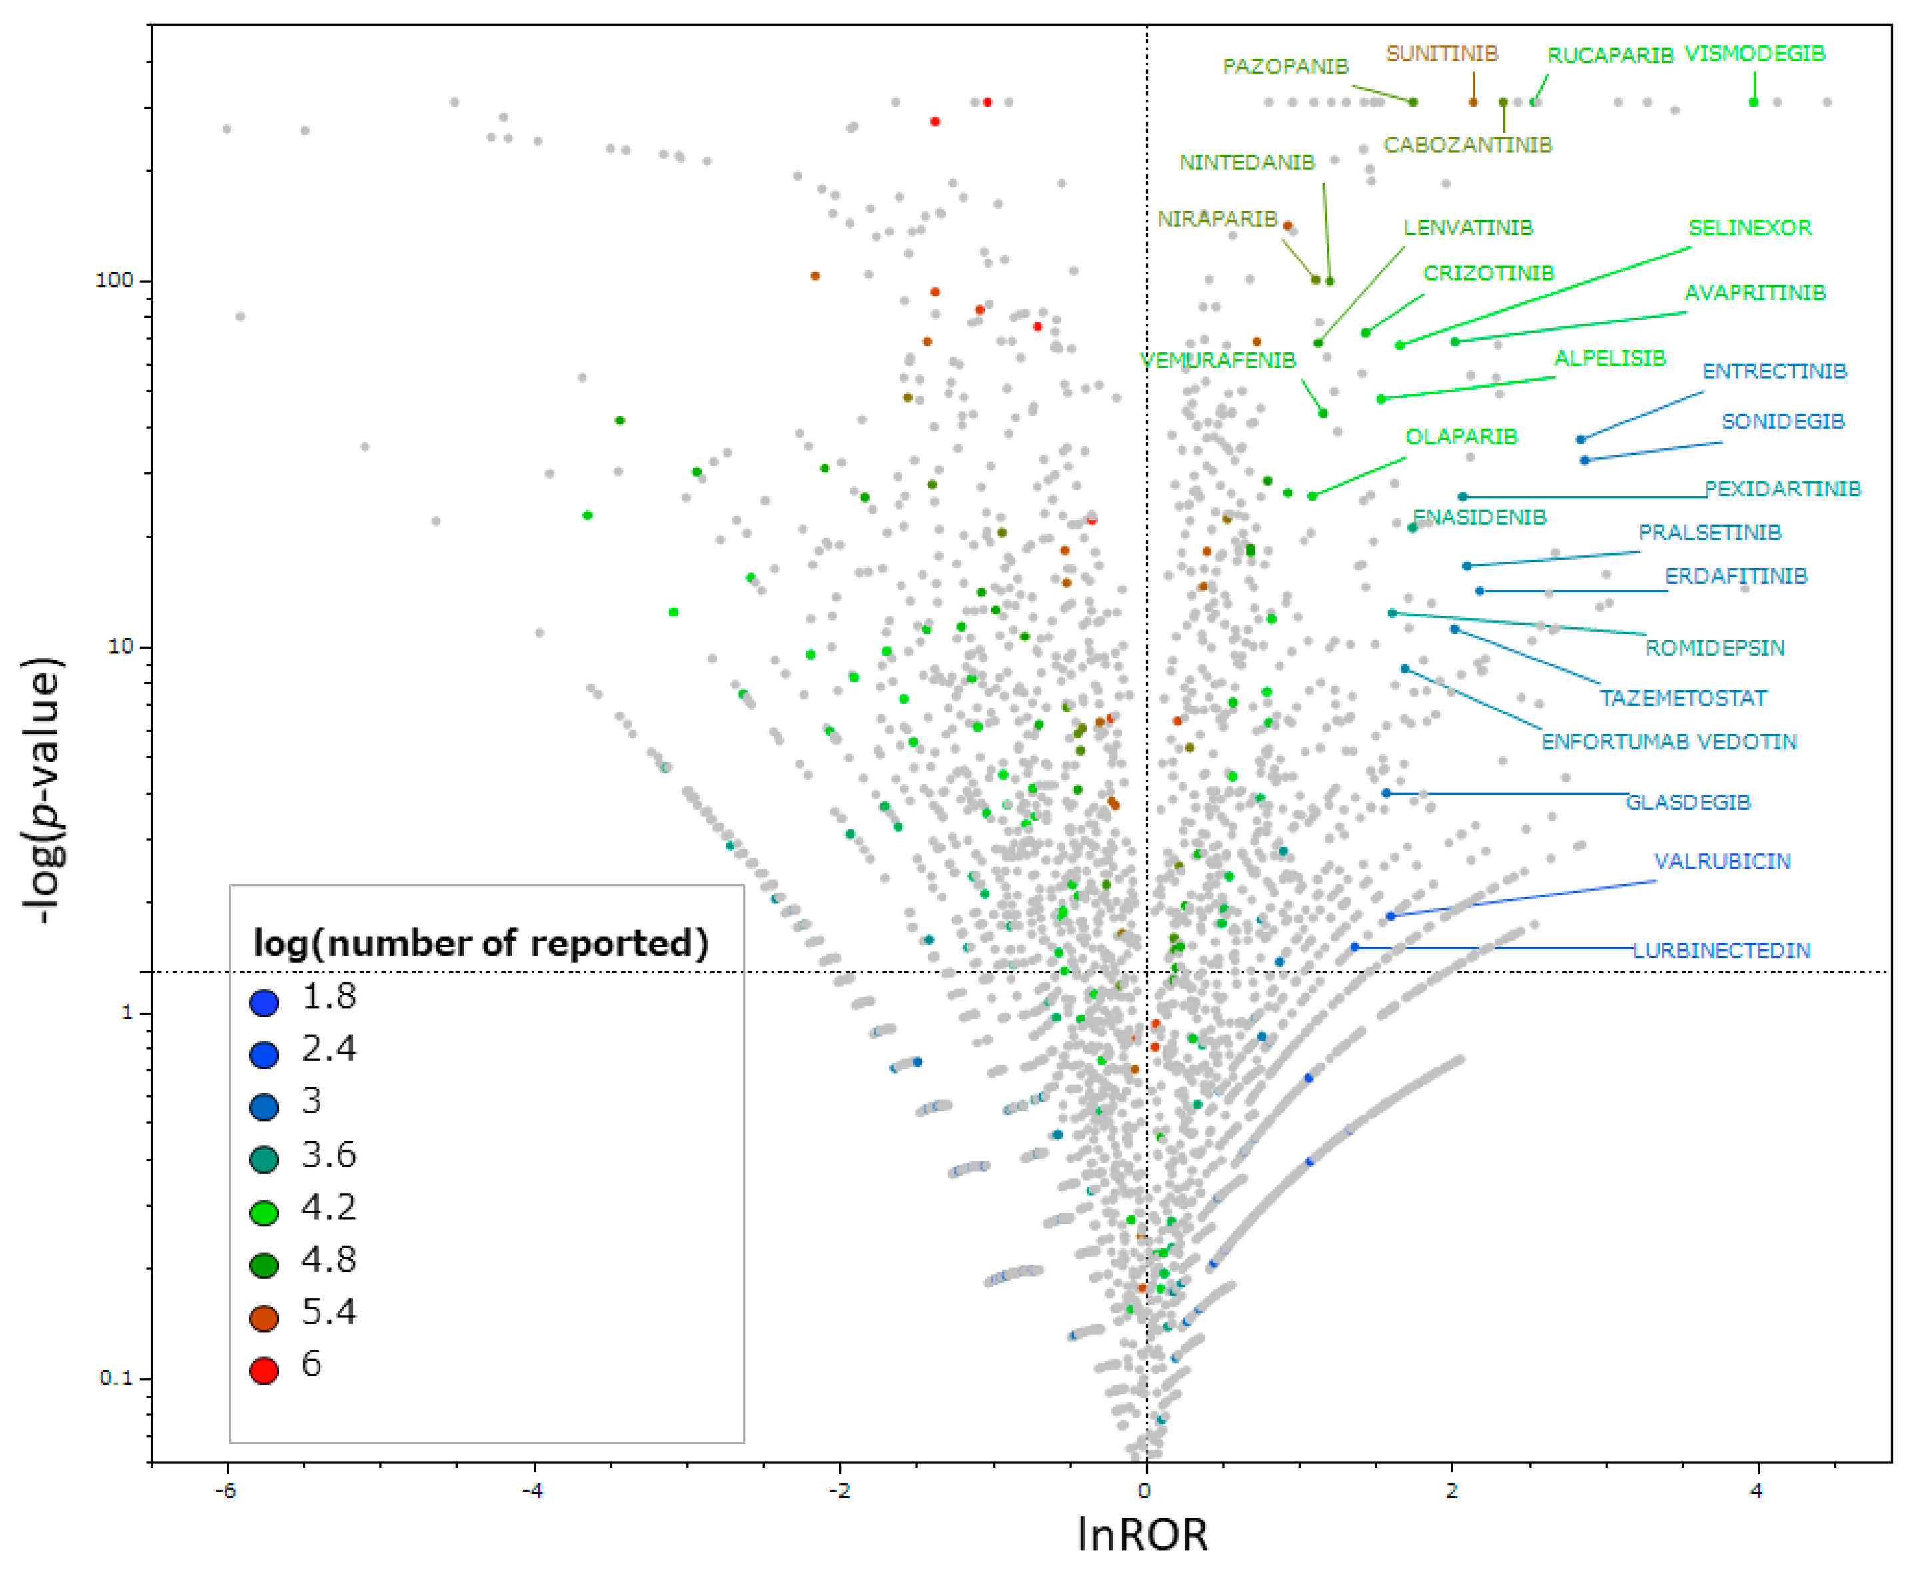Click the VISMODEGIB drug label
pos(1754,53)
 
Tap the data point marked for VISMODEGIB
pos(1753,102)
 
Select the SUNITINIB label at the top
pos(1441,53)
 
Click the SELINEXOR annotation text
pos(1749,228)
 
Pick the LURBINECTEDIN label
pos(1721,950)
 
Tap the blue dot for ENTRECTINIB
pos(1580,440)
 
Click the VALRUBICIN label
pos(1721,861)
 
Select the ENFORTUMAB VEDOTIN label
pos(1668,742)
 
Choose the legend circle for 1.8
pos(264,1003)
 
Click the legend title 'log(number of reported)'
pos(481,943)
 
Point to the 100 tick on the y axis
pos(115,280)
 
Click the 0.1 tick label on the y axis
pos(115,1378)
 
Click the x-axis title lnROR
pos(1142,1535)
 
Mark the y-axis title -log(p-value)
pos(43,789)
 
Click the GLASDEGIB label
pos(1688,802)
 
